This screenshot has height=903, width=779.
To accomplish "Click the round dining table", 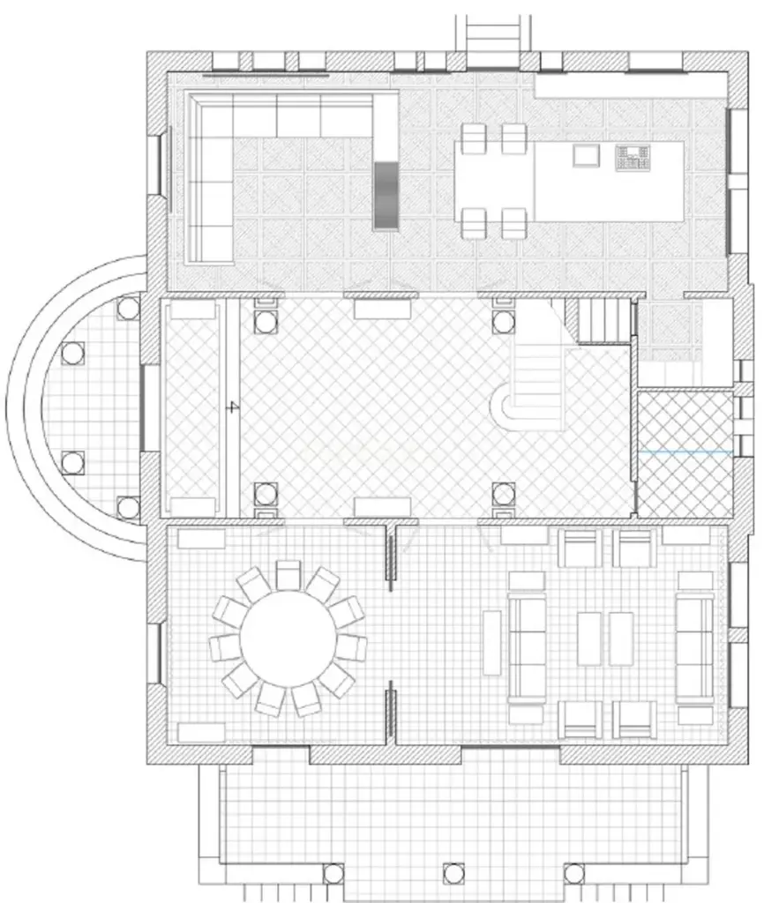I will [x=288, y=637].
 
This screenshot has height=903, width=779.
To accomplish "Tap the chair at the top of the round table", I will [x=288, y=574].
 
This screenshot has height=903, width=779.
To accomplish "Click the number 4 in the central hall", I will [x=232, y=407].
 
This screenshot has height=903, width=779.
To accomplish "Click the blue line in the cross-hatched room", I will [x=685, y=451].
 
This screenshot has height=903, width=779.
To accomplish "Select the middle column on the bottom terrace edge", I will [x=453, y=874].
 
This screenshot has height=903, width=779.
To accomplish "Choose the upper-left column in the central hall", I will [x=266, y=322].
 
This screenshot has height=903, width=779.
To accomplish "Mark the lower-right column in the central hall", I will [x=503, y=494].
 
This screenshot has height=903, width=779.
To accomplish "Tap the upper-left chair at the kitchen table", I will [x=474, y=138].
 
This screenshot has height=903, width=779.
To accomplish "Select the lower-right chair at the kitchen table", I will [x=514, y=222].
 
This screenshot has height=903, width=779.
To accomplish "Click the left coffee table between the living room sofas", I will [x=590, y=638].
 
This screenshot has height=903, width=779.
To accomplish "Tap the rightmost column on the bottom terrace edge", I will [x=574, y=874].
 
